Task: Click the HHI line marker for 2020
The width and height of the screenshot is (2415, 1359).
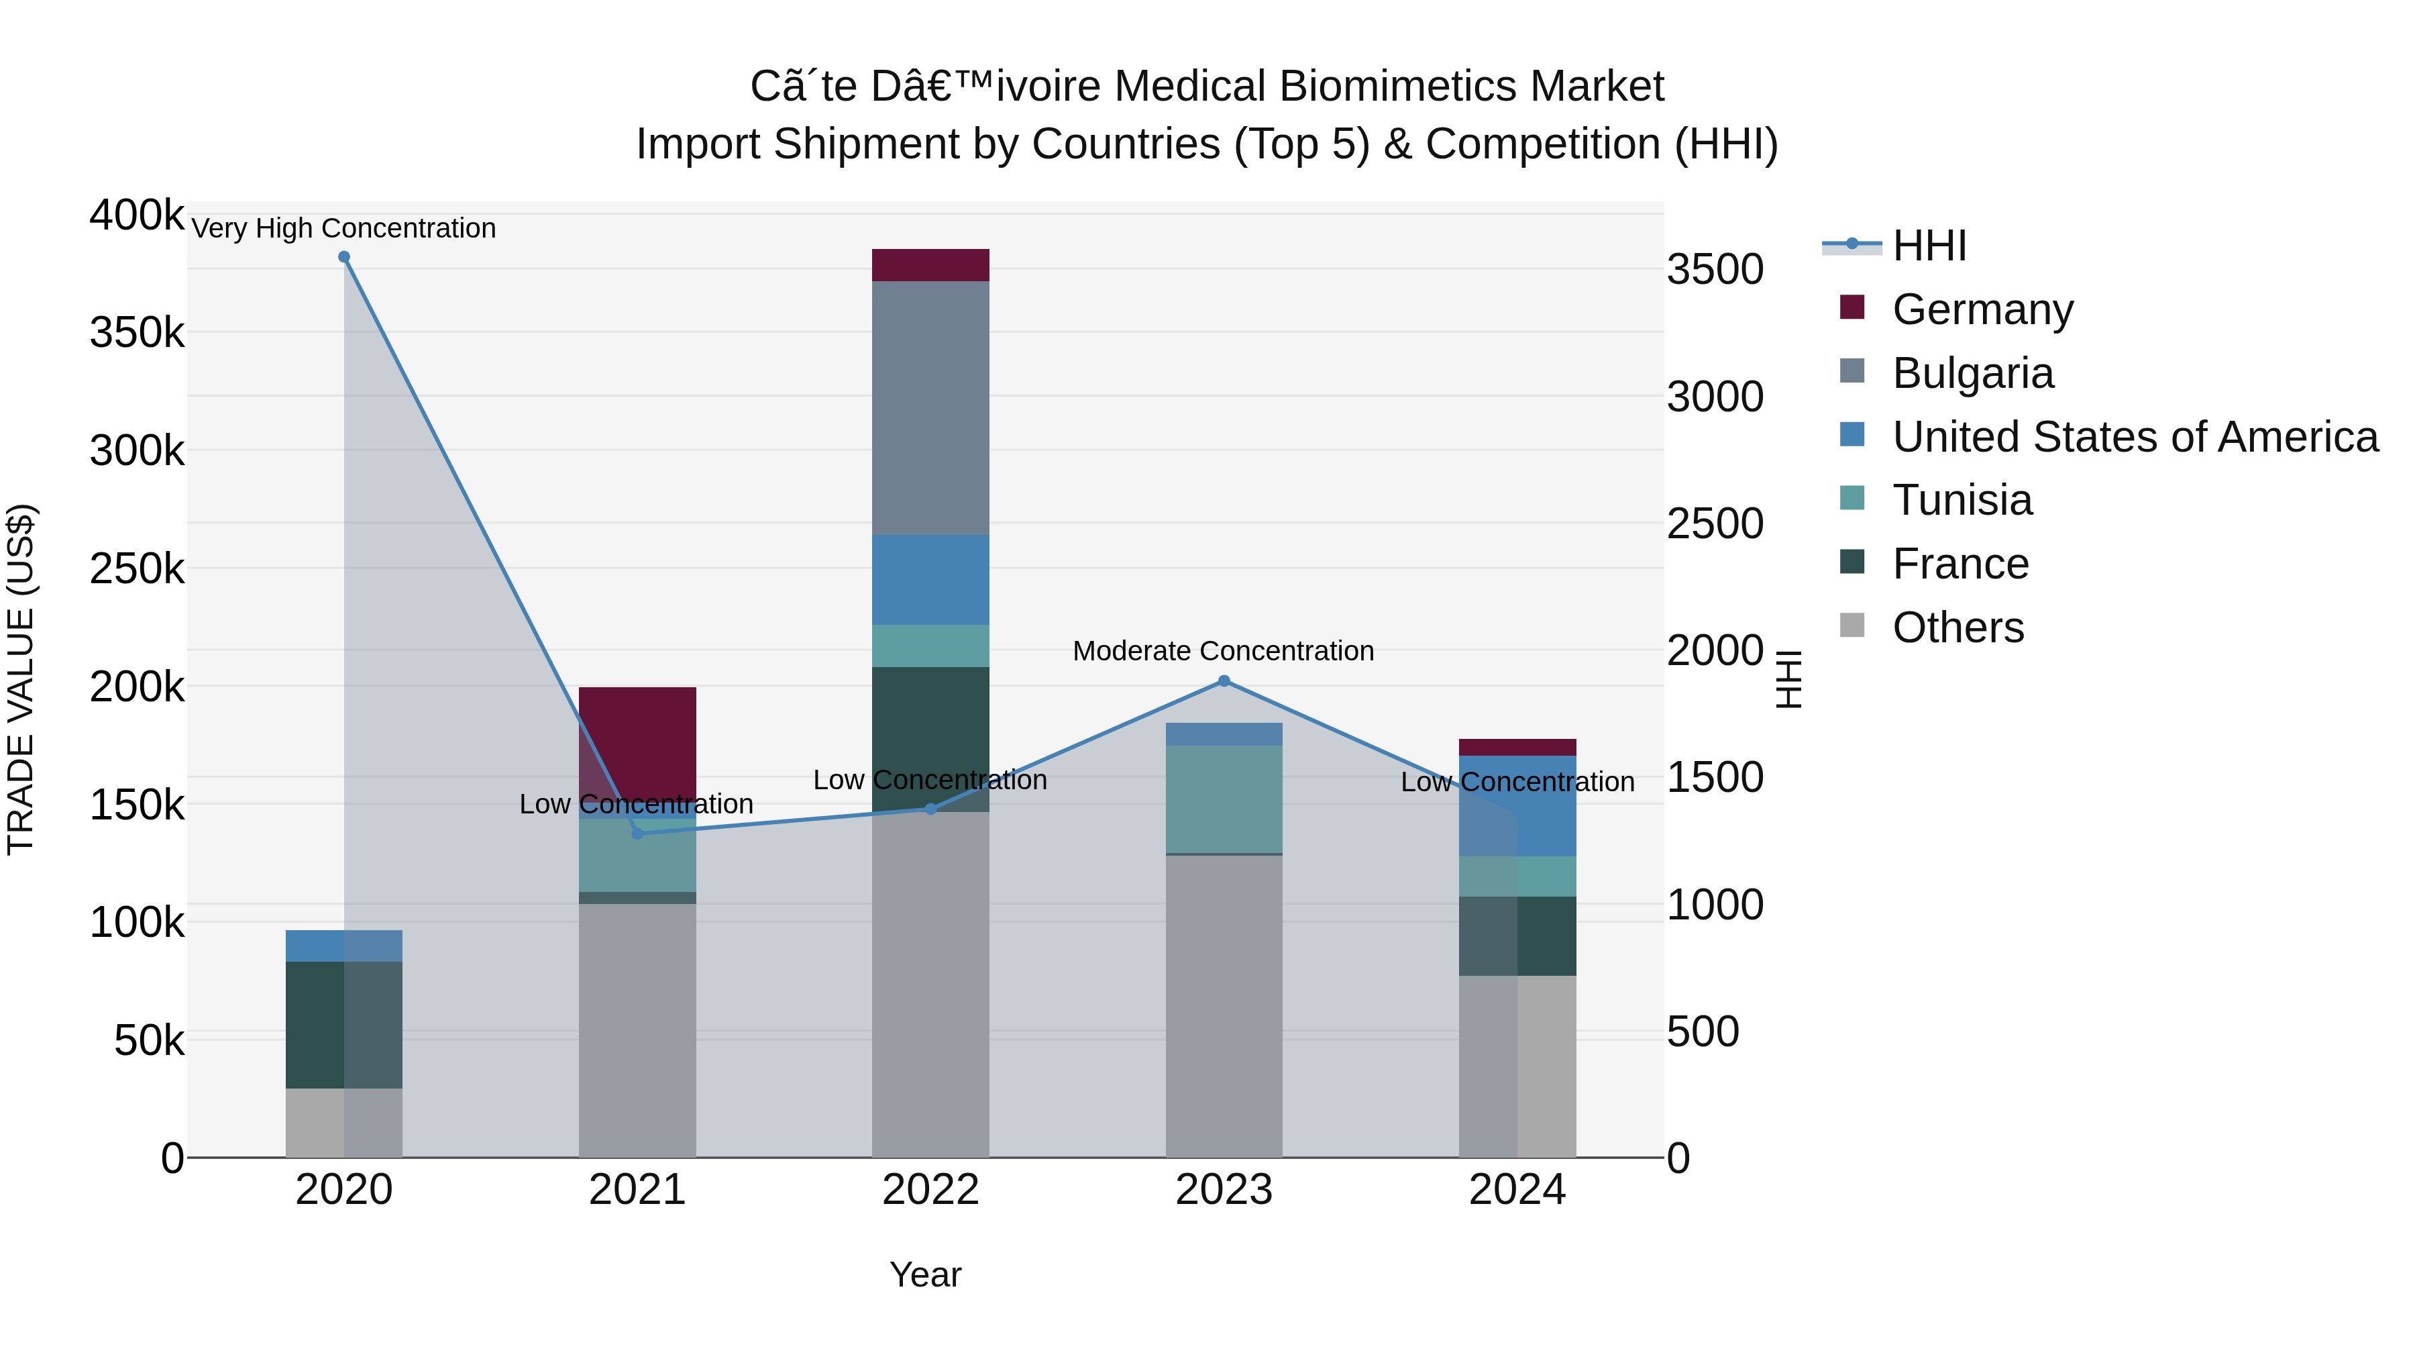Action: (344, 257)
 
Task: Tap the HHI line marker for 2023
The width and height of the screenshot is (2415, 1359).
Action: (1224, 681)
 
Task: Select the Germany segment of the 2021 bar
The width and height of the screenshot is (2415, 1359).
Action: (637, 741)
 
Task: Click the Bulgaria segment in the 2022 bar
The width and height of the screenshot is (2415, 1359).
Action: (930, 408)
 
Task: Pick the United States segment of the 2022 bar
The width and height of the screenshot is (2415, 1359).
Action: (930, 580)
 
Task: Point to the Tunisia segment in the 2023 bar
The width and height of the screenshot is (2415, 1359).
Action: (1224, 799)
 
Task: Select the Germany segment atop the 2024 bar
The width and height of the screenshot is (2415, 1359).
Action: (1517, 748)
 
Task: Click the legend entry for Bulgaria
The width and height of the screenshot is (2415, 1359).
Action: (1972, 373)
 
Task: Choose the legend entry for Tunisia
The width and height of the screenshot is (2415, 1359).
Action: (1962, 500)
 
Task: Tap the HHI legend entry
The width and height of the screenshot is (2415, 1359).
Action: (1929, 246)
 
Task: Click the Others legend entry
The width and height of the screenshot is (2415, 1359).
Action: (1957, 627)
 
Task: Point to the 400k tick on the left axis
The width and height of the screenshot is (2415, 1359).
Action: (137, 215)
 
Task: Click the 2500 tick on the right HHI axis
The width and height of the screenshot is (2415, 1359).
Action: (1715, 523)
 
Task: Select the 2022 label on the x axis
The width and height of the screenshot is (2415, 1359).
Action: (930, 1190)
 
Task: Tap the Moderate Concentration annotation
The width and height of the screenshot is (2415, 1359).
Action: (1224, 651)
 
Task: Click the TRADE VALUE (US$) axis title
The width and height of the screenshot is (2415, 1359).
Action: (21, 679)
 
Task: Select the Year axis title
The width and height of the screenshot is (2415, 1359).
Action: (925, 1274)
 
